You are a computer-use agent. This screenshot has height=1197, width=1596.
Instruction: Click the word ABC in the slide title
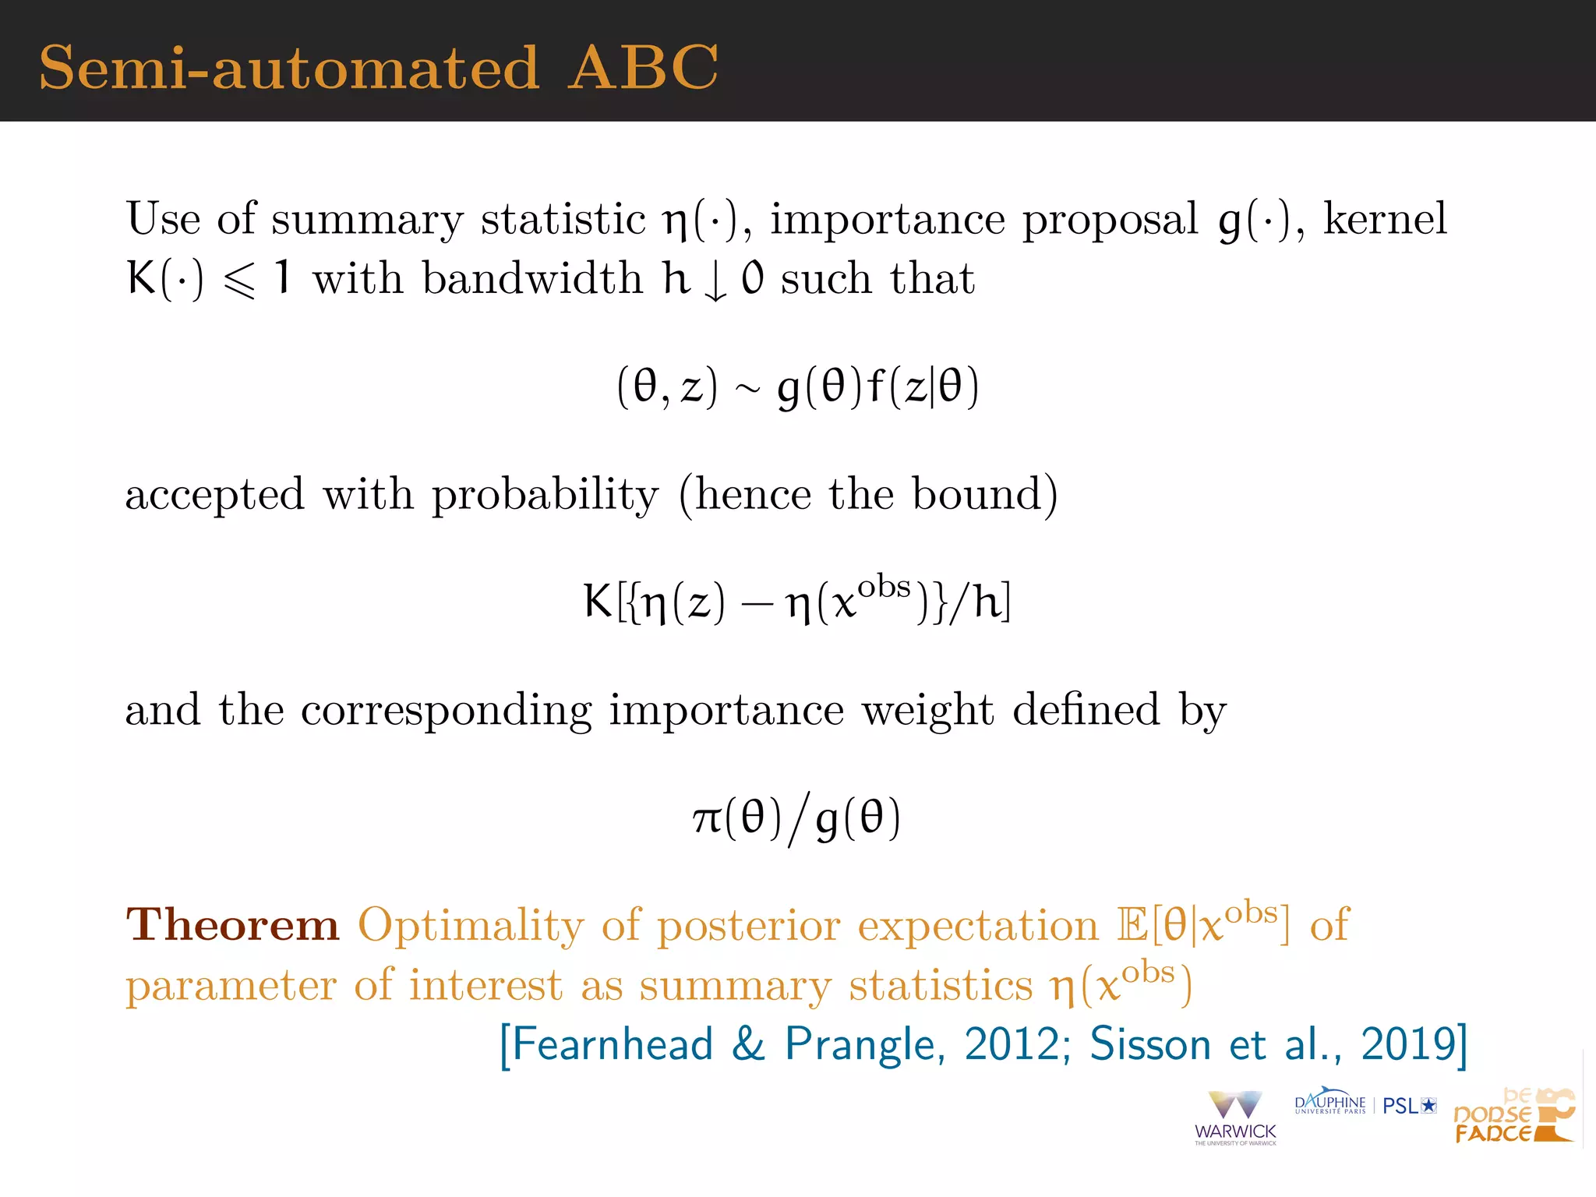pyautogui.click(x=643, y=68)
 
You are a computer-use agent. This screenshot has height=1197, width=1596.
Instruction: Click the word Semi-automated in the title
pyautogui.click(x=289, y=68)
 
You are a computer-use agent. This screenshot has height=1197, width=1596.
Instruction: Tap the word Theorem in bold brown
pyautogui.click(x=233, y=925)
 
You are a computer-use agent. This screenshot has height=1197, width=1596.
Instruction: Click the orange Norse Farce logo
pyautogui.click(x=1513, y=1117)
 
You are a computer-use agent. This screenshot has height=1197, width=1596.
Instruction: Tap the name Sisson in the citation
pyautogui.click(x=1150, y=1044)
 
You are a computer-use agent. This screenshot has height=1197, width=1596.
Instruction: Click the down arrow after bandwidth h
pyautogui.click(x=715, y=282)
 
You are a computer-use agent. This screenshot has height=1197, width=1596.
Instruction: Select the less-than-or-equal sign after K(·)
pyautogui.click(x=239, y=281)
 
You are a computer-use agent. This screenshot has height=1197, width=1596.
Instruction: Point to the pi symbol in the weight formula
pyautogui.click(x=708, y=819)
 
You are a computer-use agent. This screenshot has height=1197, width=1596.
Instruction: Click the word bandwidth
pyautogui.click(x=532, y=279)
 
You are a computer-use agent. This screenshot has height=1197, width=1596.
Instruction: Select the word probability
pyautogui.click(x=546, y=496)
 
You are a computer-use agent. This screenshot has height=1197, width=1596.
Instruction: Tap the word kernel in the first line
pyautogui.click(x=1385, y=219)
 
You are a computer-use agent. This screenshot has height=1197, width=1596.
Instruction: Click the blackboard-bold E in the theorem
pyautogui.click(x=1132, y=926)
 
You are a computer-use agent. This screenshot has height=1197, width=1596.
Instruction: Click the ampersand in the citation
pyautogui.click(x=748, y=1044)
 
